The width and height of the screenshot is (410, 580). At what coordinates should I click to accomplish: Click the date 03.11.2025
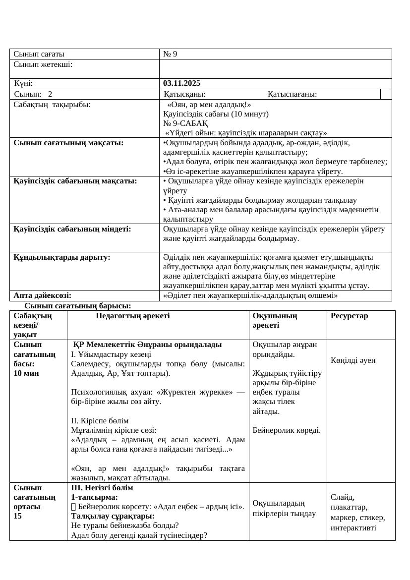coord(181,83)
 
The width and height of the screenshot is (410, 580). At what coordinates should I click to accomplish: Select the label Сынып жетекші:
coord(43,64)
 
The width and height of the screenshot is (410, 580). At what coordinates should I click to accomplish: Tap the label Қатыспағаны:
coord(293,94)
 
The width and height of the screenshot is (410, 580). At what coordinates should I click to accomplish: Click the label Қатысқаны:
coord(185,94)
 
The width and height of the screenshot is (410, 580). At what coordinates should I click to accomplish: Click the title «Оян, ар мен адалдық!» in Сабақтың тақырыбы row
coord(209,105)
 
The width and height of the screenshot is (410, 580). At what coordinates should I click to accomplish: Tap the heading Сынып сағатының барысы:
coord(78,306)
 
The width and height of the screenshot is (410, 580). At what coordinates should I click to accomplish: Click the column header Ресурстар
coord(350,316)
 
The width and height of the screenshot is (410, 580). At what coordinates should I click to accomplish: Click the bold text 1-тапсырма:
coord(94,497)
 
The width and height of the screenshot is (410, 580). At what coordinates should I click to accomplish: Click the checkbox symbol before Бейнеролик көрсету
coord(74,507)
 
